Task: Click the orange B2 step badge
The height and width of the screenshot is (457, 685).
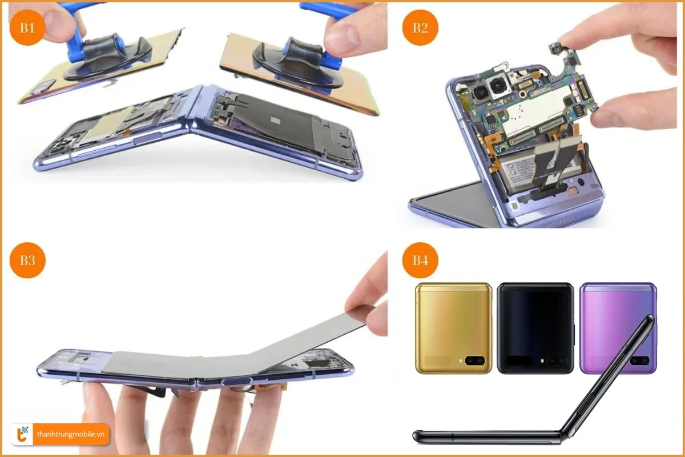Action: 420,27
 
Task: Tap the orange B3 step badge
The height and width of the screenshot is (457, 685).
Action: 28,260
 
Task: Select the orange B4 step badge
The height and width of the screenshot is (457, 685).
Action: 420,260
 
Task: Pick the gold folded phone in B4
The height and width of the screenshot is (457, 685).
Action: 454,328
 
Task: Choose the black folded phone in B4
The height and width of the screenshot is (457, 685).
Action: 535,328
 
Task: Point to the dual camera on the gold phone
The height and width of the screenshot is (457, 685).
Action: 474,360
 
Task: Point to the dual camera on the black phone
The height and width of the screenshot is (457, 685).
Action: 556,360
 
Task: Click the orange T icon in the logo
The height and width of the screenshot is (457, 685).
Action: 21,434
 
